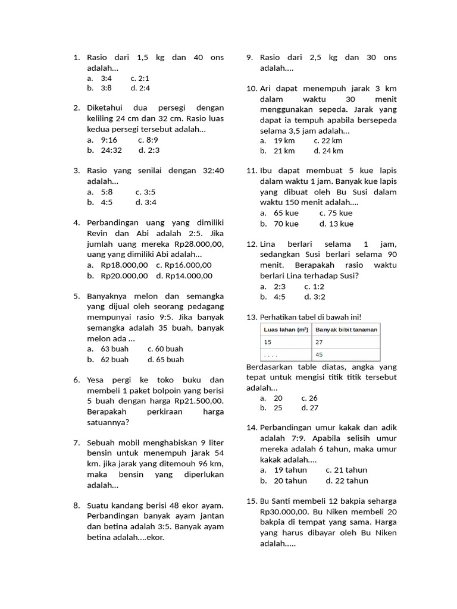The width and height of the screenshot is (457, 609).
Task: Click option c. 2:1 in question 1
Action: coord(140,78)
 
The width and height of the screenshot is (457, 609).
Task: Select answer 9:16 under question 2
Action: coord(109,140)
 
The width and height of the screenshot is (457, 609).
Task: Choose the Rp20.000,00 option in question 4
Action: coord(124,275)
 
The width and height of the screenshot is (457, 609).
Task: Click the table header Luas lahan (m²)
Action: coord(286,329)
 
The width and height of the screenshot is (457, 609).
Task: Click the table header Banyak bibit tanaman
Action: coord(346,329)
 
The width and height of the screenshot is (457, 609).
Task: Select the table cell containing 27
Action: coord(320,342)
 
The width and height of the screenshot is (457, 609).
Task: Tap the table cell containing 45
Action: coord(320,354)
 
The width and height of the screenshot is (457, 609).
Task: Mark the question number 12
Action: coord(251,244)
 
